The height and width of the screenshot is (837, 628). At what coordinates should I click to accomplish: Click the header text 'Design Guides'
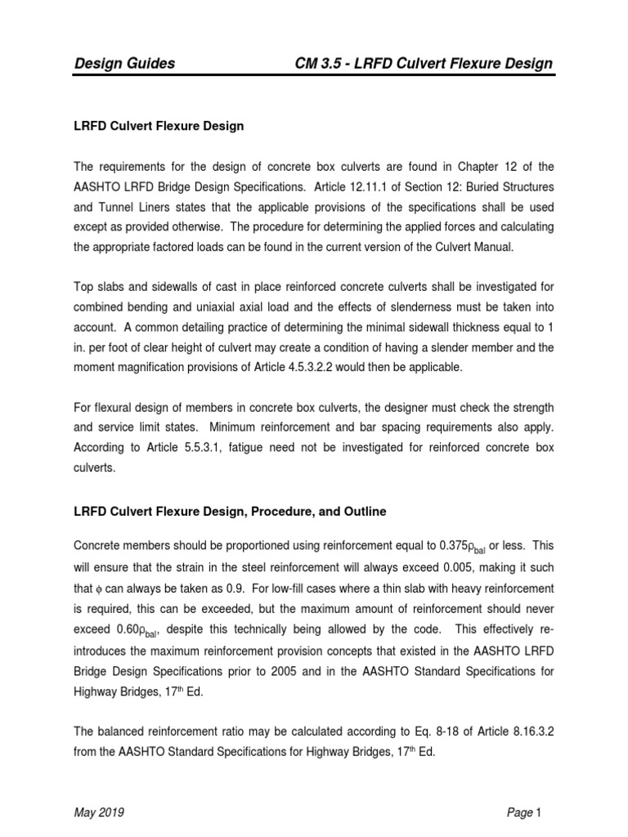pyautogui.click(x=124, y=64)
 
